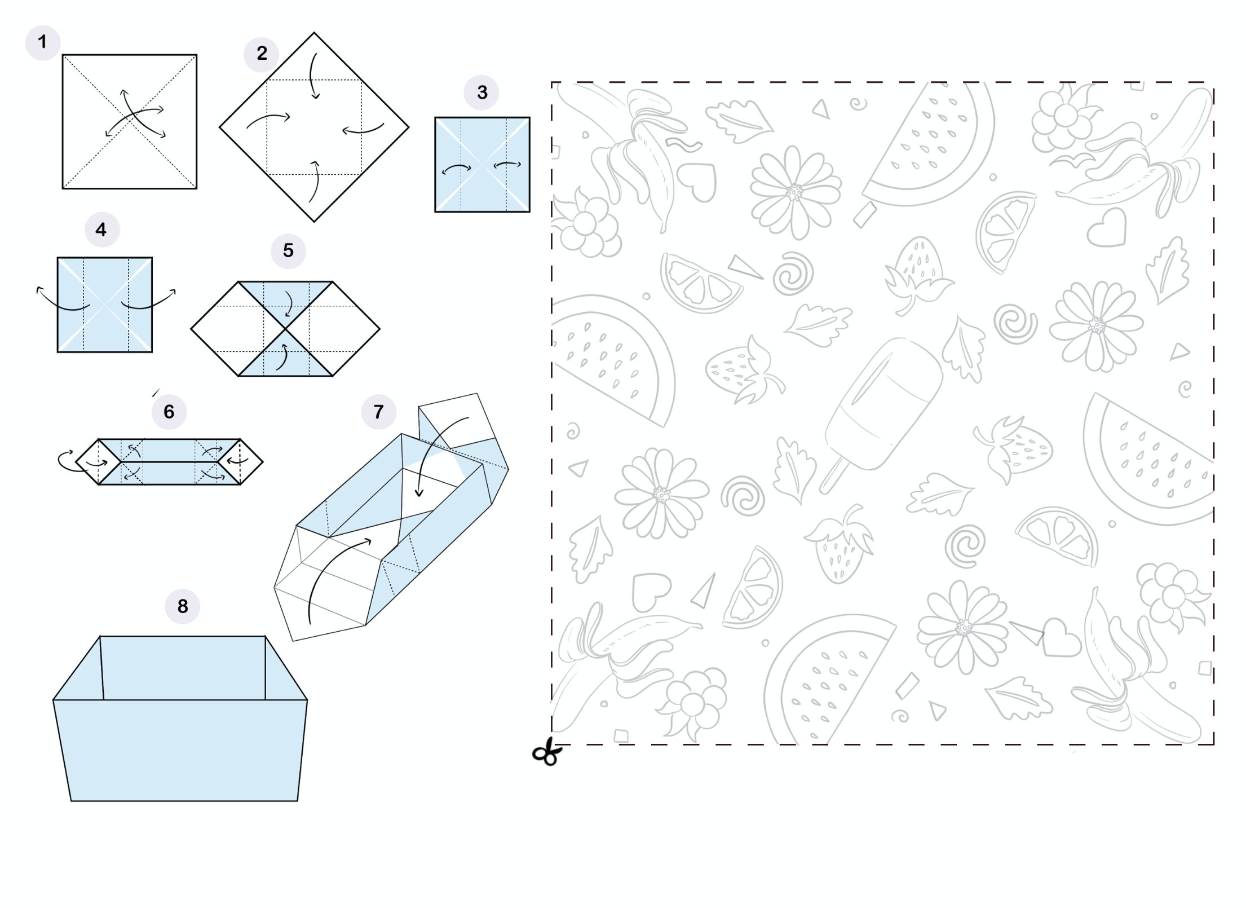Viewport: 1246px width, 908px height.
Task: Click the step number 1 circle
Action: click(x=42, y=42)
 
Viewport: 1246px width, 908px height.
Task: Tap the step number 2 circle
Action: click(x=262, y=54)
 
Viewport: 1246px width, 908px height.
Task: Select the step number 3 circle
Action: click(x=481, y=92)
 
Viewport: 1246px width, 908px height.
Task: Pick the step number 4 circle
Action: click(x=101, y=230)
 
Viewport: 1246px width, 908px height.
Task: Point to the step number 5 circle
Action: click(x=288, y=250)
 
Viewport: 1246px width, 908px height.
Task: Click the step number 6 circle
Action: click(x=169, y=412)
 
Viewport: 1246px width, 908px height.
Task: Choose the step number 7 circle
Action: click(x=378, y=412)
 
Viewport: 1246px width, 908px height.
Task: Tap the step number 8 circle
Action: click(x=182, y=606)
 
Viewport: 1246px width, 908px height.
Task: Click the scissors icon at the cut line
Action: click(x=547, y=753)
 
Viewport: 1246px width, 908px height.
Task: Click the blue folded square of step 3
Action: click(x=482, y=165)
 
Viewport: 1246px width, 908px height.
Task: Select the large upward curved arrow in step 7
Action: click(x=333, y=575)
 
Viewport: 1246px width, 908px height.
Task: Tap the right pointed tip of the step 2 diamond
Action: click(x=407, y=127)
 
